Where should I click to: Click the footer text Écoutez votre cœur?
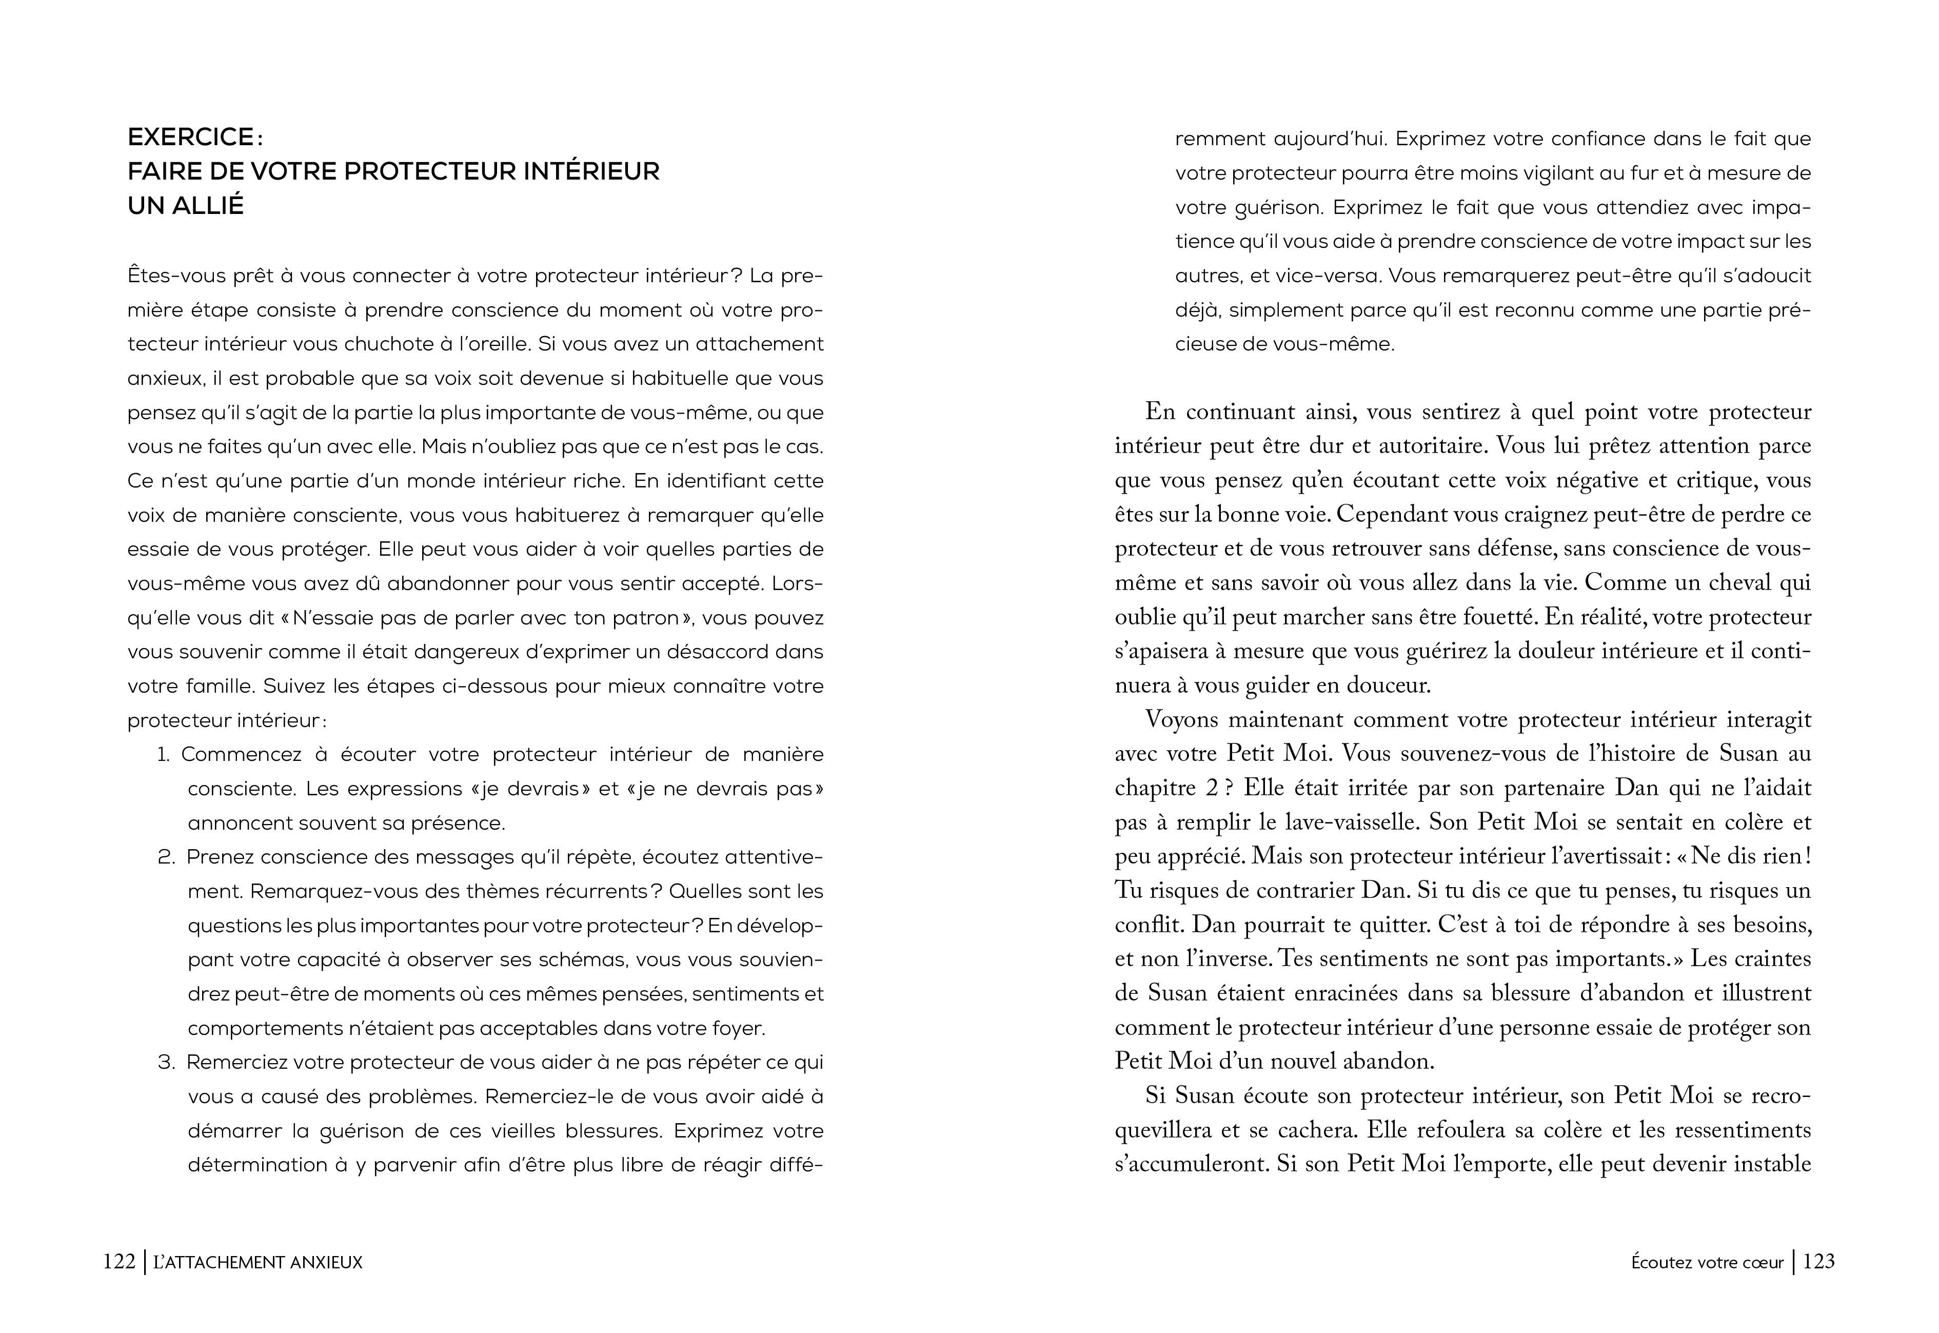tap(1707, 1262)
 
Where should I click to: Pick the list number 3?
tap(165, 1063)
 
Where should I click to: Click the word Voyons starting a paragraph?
tap(1181, 720)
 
